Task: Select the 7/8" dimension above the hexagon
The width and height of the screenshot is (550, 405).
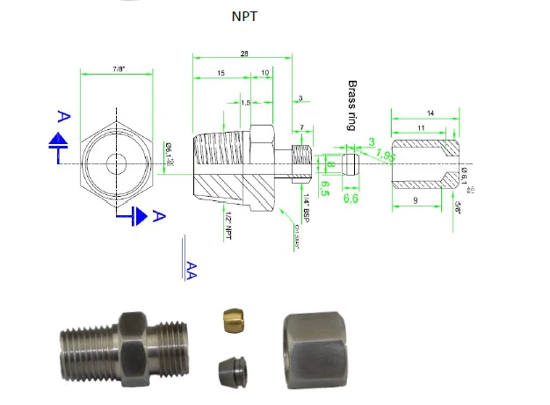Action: point(118,69)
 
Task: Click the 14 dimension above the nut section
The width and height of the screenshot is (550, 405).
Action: point(430,114)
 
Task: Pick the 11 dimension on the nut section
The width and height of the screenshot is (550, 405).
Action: point(423,128)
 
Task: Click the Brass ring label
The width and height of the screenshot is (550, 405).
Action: point(352,105)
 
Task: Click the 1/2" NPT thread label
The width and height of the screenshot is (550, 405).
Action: point(227,228)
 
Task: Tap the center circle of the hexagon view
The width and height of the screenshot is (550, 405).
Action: point(117,163)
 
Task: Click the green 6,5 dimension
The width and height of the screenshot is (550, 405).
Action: point(324,188)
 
